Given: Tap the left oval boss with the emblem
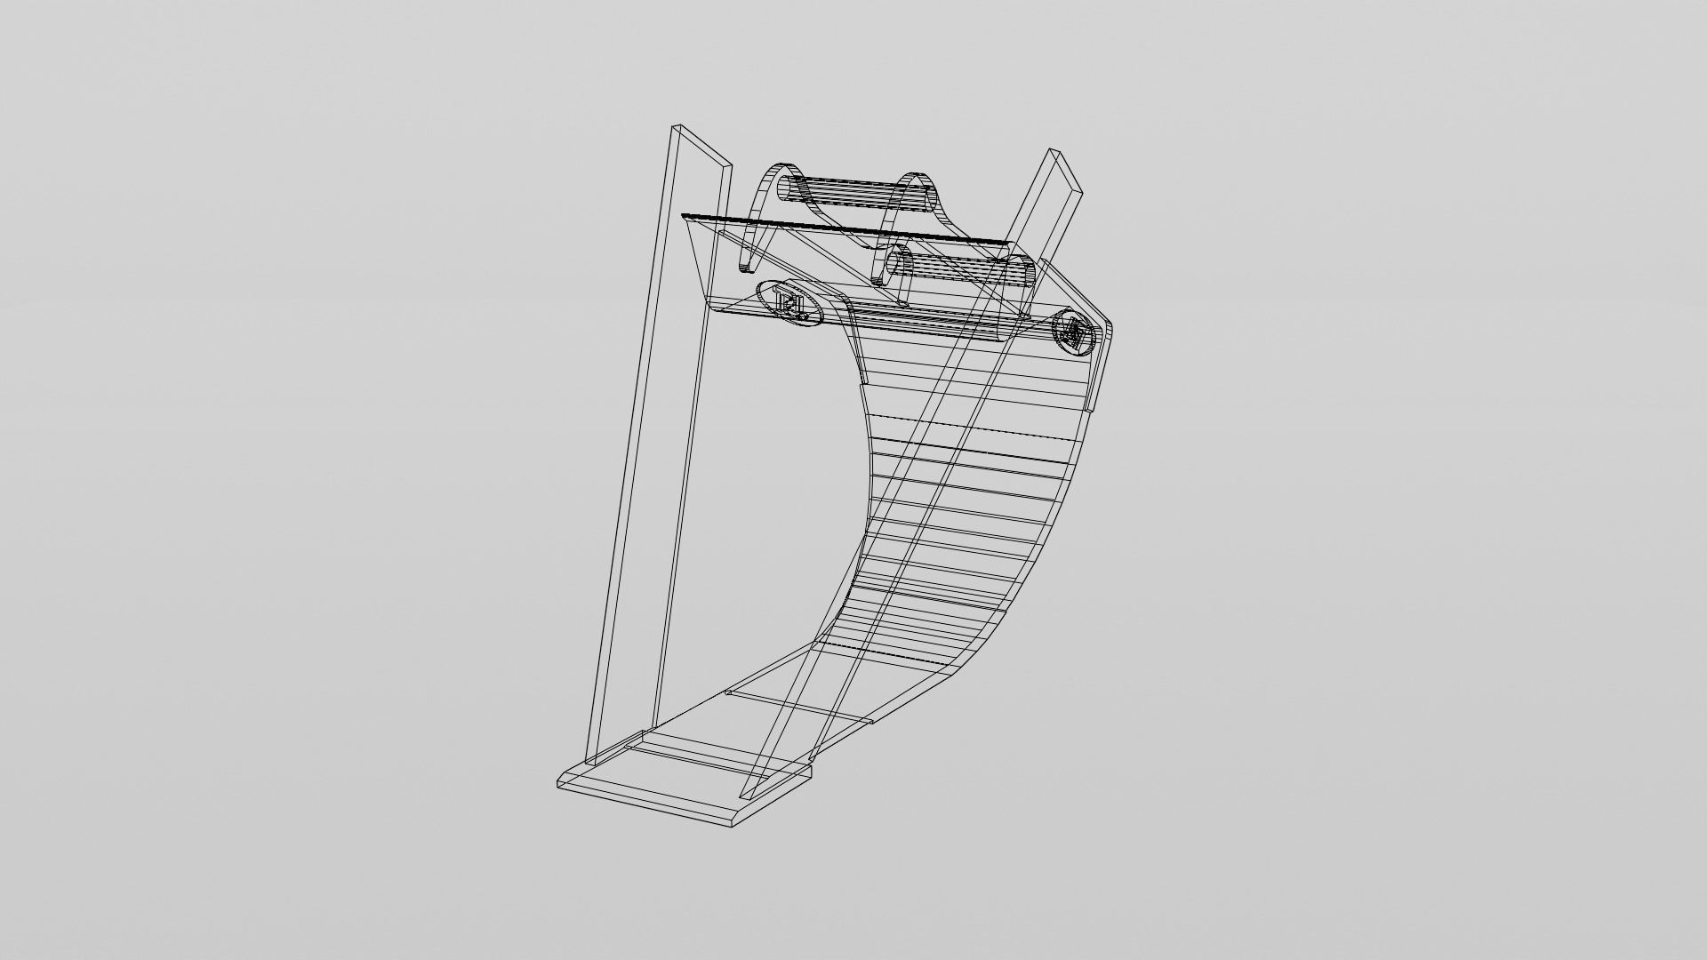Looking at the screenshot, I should point(789,304).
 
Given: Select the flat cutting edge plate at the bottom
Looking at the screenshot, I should point(685,782).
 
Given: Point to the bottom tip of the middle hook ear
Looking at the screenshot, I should point(879,281).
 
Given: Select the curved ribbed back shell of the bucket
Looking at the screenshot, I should point(969,498).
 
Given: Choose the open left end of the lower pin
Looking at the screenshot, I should point(896,264).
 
